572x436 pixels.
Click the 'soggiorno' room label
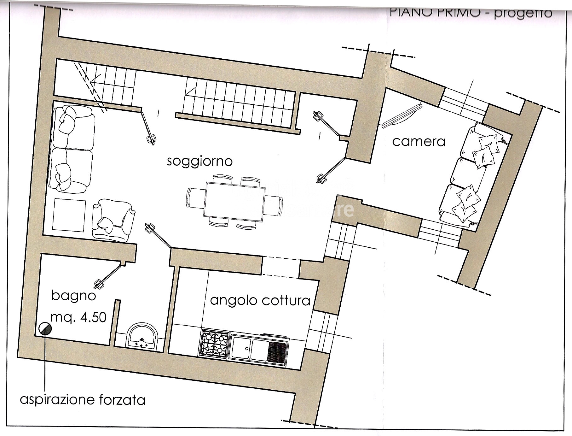click(199, 162)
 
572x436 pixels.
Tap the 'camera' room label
click(419, 141)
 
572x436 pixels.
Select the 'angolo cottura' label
click(260, 300)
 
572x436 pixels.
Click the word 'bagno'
click(73, 296)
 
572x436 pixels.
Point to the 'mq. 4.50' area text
click(78, 317)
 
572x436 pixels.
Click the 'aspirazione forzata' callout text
click(83, 400)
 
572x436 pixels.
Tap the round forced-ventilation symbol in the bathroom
click(45, 329)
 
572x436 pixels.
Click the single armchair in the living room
click(113, 221)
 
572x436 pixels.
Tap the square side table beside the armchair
click(69, 215)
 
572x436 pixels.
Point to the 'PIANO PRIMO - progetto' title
click(471, 13)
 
